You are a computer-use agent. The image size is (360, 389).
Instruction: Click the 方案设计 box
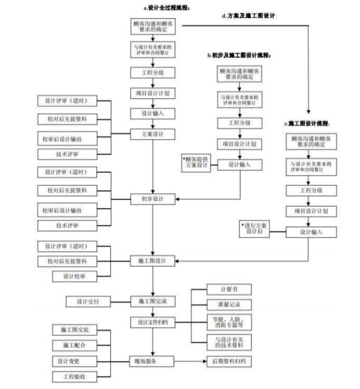153,134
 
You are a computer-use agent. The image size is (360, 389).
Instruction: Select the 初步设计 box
153,198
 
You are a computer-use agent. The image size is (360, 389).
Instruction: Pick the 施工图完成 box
153,301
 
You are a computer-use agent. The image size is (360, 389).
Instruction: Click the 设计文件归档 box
153,322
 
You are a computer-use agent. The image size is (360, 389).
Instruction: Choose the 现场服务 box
153,360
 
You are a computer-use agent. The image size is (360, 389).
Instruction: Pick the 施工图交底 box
74,330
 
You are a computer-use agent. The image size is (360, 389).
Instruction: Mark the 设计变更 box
74,360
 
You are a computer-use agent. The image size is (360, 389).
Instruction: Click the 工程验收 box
74,376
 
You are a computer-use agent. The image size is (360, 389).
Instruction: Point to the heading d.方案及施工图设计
249,16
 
